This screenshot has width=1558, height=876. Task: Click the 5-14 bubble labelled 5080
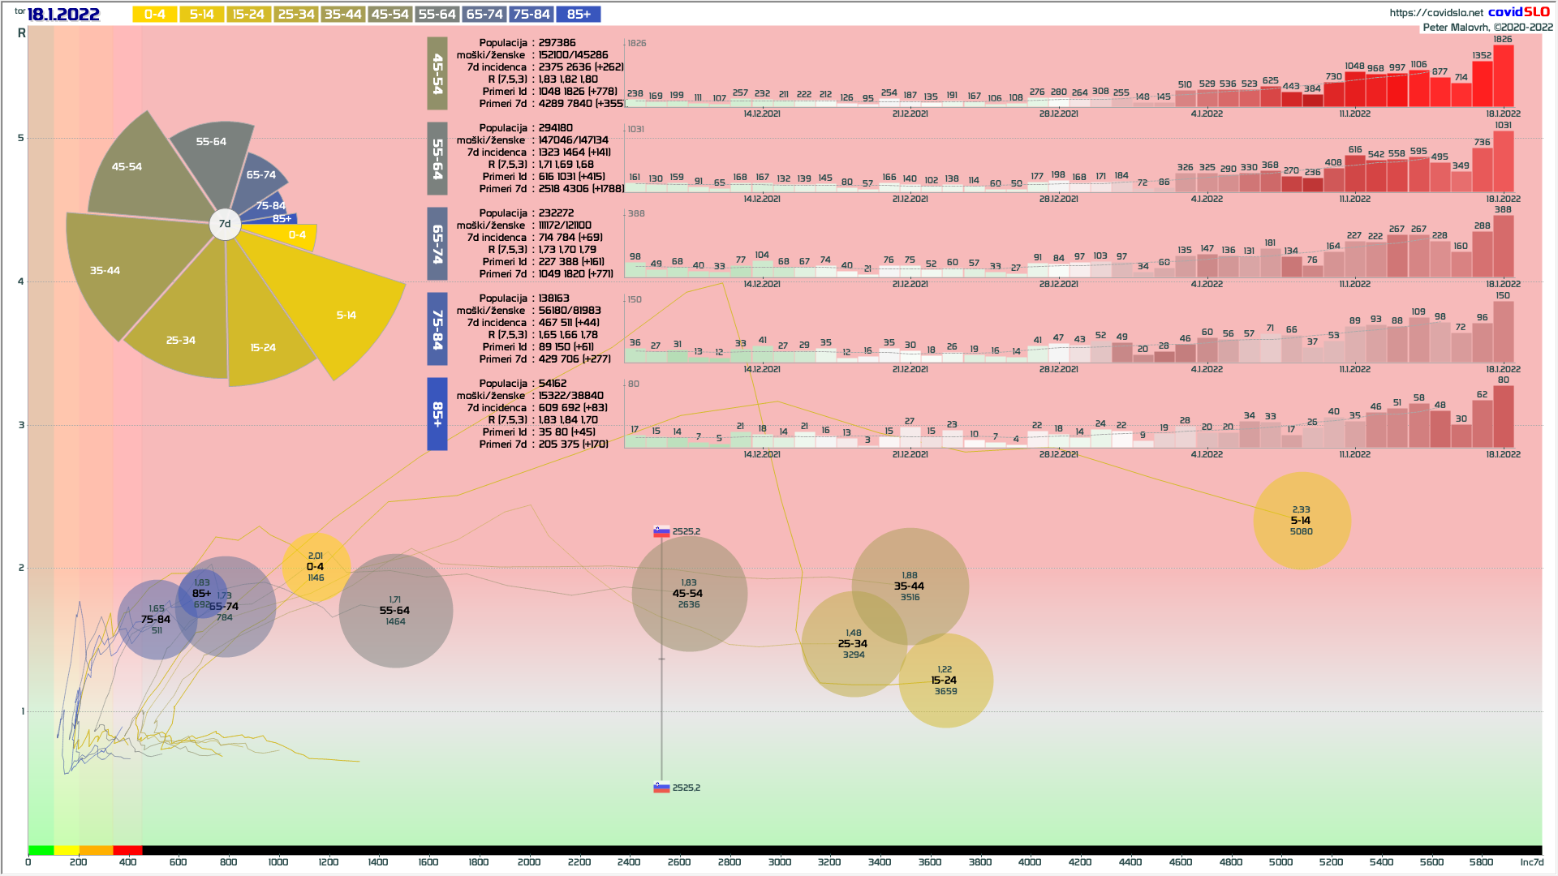click(x=1302, y=521)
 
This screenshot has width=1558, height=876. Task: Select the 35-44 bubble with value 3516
click(x=910, y=586)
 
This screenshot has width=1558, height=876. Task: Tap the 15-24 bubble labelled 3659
click(x=945, y=681)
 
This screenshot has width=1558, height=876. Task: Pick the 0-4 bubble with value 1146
click(x=316, y=567)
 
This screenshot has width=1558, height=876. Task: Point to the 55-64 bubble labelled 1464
click(x=395, y=611)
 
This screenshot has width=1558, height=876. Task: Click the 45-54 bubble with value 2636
click(x=689, y=594)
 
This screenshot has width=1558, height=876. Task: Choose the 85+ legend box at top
click(x=579, y=15)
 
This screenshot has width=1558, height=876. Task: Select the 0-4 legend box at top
click(x=154, y=15)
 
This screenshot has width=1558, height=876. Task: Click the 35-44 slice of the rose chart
click(x=122, y=272)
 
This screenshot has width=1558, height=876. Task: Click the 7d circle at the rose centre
click(x=225, y=224)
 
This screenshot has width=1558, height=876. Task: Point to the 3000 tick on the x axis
click(x=779, y=862)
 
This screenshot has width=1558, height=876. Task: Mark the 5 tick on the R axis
click(x=21, y=138)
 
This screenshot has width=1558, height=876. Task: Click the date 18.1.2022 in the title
click(x=63, y=15)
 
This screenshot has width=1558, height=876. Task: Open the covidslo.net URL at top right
click(x=1435, y=12)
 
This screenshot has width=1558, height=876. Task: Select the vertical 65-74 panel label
click(x=437, y=243)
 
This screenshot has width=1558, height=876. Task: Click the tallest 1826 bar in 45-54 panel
click(x=1503, y=76)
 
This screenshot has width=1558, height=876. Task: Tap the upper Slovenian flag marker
click(x=662, y=532)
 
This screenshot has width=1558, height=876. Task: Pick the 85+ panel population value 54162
click(x=553, y=384)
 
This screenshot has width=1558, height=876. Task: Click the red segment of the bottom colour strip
click(x=127, y=850)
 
